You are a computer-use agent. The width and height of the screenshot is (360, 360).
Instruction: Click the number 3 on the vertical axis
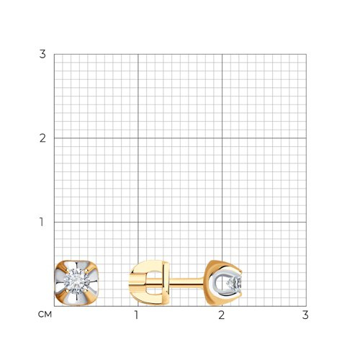pos(42,54)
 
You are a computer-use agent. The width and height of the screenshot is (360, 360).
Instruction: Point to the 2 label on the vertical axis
pos(42,138)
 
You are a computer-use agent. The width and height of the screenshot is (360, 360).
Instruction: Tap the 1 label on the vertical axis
pos(42,222)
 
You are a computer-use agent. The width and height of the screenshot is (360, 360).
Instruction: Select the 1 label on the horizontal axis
pos(136,315)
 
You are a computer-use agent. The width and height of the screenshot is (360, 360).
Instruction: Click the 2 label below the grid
pos(221,315)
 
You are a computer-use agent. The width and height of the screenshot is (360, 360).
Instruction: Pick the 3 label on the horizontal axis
pos(305,315)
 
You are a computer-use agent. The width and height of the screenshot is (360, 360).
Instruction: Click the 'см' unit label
pos(45,315)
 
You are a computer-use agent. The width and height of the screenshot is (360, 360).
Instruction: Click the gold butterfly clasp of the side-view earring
pos(149,283)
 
